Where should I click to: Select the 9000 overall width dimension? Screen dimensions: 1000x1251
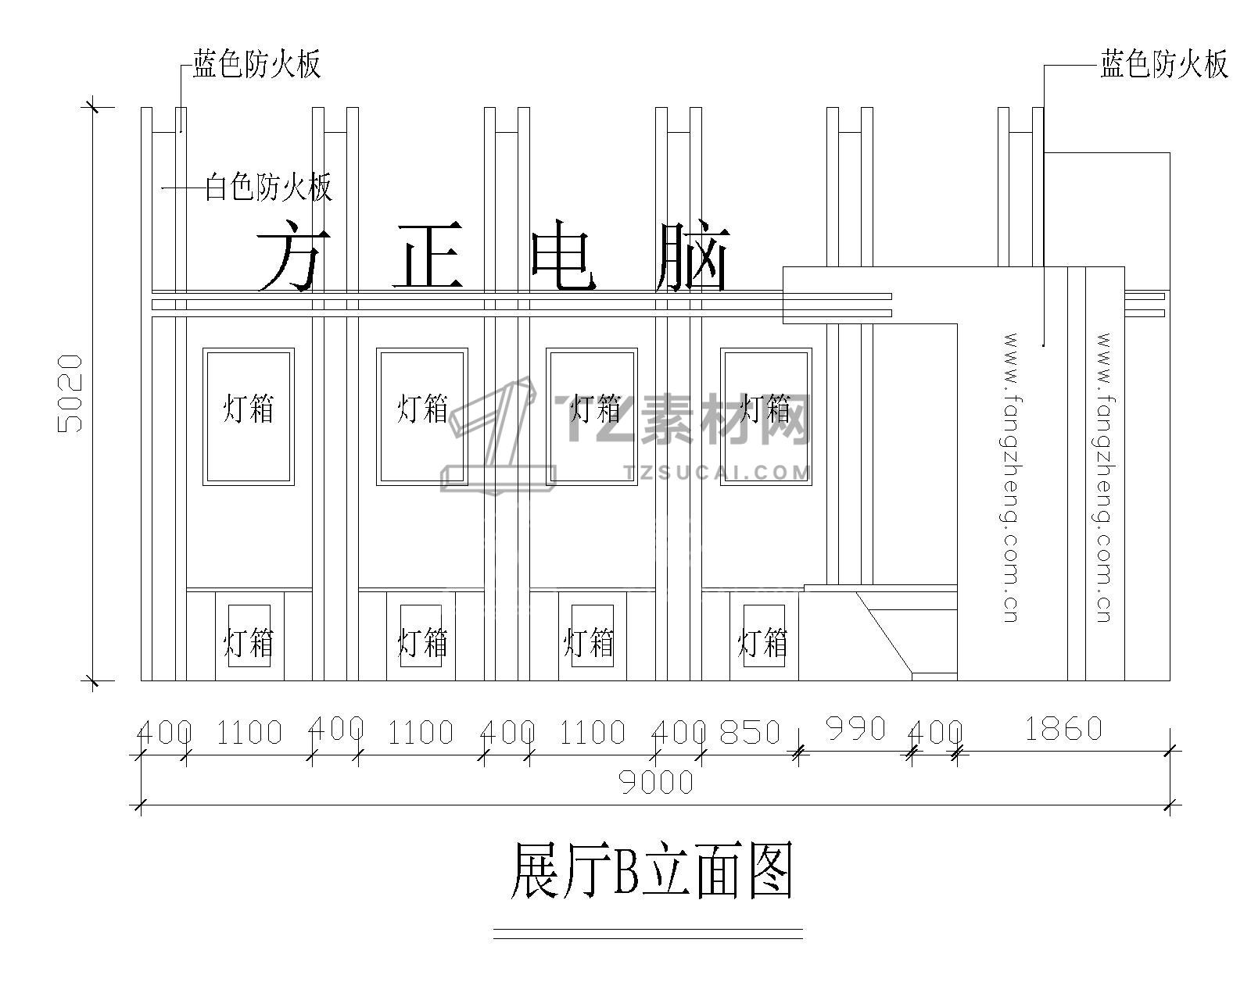click(x=656, y=781)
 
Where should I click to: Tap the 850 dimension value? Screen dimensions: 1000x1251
click(x=750, y=732)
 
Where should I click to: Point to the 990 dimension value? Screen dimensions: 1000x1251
click(x=855, y=729)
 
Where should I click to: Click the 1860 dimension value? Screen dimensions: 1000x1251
click(x=1063, y=729)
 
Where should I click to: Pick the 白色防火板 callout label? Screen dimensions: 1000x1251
click(x=268, y=187)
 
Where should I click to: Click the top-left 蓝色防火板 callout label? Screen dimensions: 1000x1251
click(x=257, y=64)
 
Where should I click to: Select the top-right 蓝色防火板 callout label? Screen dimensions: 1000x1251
click(x=1164, y=64)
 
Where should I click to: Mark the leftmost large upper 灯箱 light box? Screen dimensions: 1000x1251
click(x=249, y=416)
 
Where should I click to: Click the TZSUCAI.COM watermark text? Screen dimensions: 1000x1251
click(x=718, y=472)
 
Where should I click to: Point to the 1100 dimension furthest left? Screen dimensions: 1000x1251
click(x=249, y=733)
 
